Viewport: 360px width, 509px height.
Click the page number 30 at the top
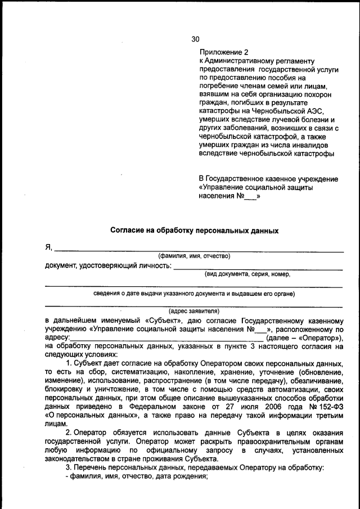click(195, 39)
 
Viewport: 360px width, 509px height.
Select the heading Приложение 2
click(223, 52)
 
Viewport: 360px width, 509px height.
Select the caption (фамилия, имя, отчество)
click(194, 256)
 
